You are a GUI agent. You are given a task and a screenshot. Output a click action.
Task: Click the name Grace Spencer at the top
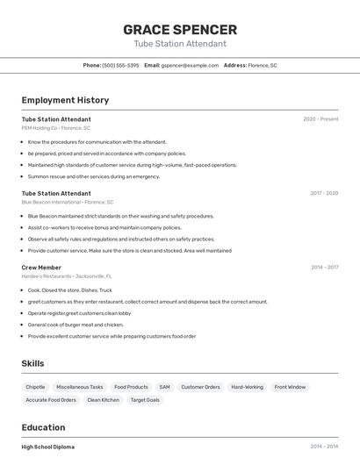tap(180, 29)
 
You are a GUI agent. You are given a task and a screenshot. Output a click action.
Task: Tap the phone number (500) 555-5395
tap(120, 65)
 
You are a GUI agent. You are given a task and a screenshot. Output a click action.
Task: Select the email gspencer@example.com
tap(190, 65)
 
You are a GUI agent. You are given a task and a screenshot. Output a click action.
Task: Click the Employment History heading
tap(65, 100)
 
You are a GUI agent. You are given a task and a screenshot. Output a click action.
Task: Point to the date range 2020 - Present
tap(320, 119)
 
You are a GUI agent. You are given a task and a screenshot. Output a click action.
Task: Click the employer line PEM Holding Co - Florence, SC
tap(55, 128)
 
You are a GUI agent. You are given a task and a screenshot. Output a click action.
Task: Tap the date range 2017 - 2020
tap(324, 193)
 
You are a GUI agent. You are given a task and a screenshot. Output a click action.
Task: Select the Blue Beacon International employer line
tap(67, 202)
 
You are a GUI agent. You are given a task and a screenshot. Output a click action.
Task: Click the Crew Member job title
tap(41, 268)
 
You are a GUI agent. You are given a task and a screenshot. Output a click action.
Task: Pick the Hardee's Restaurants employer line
tap(66, 276)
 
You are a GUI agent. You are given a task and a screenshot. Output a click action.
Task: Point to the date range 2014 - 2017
tap(324, 268)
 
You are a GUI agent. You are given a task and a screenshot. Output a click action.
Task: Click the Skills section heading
tap(32, 363)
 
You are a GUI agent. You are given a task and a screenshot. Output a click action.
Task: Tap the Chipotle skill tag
tap(35, 387)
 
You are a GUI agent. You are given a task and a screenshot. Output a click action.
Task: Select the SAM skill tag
tap(164, 387)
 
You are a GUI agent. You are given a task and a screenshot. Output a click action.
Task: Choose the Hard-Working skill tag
tap(247, 387)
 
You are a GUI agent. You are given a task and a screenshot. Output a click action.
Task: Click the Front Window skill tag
tap(290, 387)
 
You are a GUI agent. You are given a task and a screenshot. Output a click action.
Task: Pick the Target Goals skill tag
tap(145, 400)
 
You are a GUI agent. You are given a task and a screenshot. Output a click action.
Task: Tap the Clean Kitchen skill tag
tap(103, 400)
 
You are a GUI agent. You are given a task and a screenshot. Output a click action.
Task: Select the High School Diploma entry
tap(48, 447)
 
